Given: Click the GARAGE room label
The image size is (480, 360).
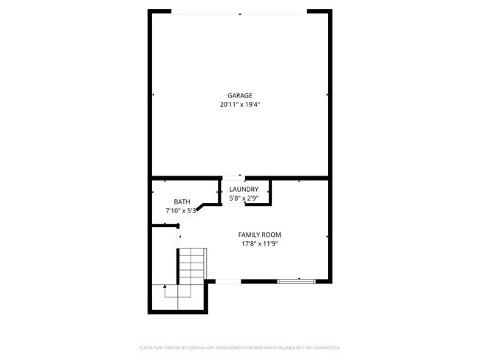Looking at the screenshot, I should (x=240, y=95).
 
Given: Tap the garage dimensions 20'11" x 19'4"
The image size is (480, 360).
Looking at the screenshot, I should (x=240, y=105).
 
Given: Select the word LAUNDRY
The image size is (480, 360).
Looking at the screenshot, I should (x=244, y=190).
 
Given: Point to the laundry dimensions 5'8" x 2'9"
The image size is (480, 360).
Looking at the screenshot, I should (x=244, y=198).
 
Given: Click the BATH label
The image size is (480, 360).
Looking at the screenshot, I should (x=182, y=202).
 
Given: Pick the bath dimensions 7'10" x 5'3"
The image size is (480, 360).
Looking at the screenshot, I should (x=182, y=211).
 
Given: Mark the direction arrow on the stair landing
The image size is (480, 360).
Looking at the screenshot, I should (x=165, y=286).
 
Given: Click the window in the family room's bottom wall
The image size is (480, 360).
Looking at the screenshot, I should (x=297, y=280).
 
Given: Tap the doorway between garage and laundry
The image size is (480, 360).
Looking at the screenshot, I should (x=234, y=178).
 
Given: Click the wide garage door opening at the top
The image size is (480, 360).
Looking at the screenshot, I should (x=240, y=12).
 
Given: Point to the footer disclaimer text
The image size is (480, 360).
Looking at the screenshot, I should (x=240, y=347).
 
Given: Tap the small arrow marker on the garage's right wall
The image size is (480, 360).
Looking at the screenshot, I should (x=328, y=94).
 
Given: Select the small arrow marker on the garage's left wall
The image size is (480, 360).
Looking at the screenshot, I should (x=153, y=94).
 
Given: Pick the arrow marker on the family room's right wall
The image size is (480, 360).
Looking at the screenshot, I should (x=327, y=236).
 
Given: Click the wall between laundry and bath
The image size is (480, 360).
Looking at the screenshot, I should (x=220, y=190).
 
